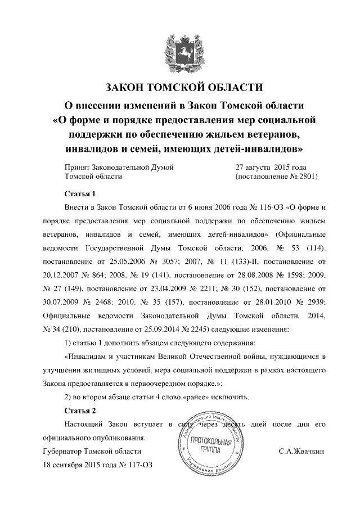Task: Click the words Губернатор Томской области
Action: tap(92, 452)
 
